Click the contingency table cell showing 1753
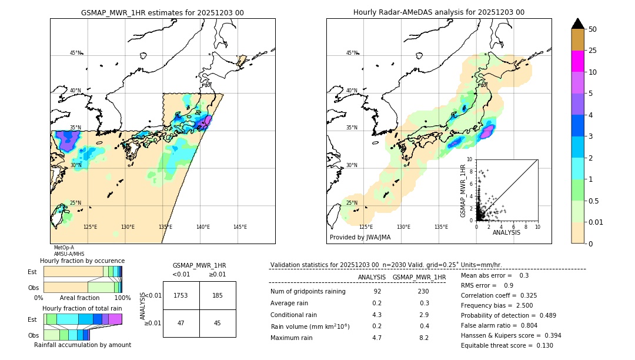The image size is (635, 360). (x=181, y=295)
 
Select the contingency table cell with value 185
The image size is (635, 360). (x=218, y=295)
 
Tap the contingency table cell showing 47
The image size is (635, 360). (x=181, y=323)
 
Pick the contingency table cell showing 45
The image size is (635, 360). (x=218, y=323)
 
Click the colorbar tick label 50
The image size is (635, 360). (x=593, y=29)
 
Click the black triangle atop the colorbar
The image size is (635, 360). (x=578, y=24)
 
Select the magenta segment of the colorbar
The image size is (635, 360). (x=578, y=61)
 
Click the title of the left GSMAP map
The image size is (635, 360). (x=162, y=12)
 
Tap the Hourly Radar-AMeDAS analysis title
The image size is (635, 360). (x=439, y=12)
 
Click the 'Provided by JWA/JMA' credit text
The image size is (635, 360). (x=360, y=238)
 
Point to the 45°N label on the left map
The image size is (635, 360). (x=75, y=53)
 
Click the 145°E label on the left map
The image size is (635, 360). (x=240, y=227)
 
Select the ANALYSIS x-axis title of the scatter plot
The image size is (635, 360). (x=506, y=232)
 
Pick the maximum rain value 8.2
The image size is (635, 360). (x=423, y=338)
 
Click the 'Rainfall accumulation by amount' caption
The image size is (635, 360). (x=82, y=345)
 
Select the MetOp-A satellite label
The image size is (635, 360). (x=64, y=248)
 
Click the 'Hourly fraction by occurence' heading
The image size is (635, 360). (x=82, y=261)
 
